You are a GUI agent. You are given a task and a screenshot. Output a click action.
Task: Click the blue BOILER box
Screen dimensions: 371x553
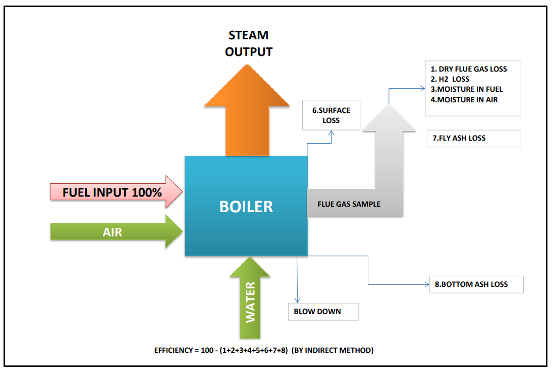(x=246, y=206)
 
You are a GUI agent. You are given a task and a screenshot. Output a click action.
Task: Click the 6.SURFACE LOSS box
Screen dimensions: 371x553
(x=330, y=115)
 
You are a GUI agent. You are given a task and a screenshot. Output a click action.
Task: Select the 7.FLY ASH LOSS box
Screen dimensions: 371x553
(x=473, y=138)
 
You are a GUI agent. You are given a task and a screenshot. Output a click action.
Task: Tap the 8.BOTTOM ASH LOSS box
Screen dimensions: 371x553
(x=476, y=284)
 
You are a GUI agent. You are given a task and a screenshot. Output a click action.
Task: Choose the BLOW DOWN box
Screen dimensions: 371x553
(x=323, y=312)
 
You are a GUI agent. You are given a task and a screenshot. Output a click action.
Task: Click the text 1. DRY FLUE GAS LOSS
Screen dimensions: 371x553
(x=469, y=69)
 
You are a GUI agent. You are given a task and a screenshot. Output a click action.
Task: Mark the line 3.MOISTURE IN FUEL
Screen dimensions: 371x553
(x=467, y=89)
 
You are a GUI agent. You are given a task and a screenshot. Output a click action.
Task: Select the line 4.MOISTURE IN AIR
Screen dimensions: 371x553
(x=464, y=100)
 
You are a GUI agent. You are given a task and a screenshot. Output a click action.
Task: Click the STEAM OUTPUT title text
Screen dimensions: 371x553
(x=249, y=43)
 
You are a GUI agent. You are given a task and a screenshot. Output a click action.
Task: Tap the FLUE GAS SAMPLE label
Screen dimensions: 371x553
(x=349, y=204)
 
